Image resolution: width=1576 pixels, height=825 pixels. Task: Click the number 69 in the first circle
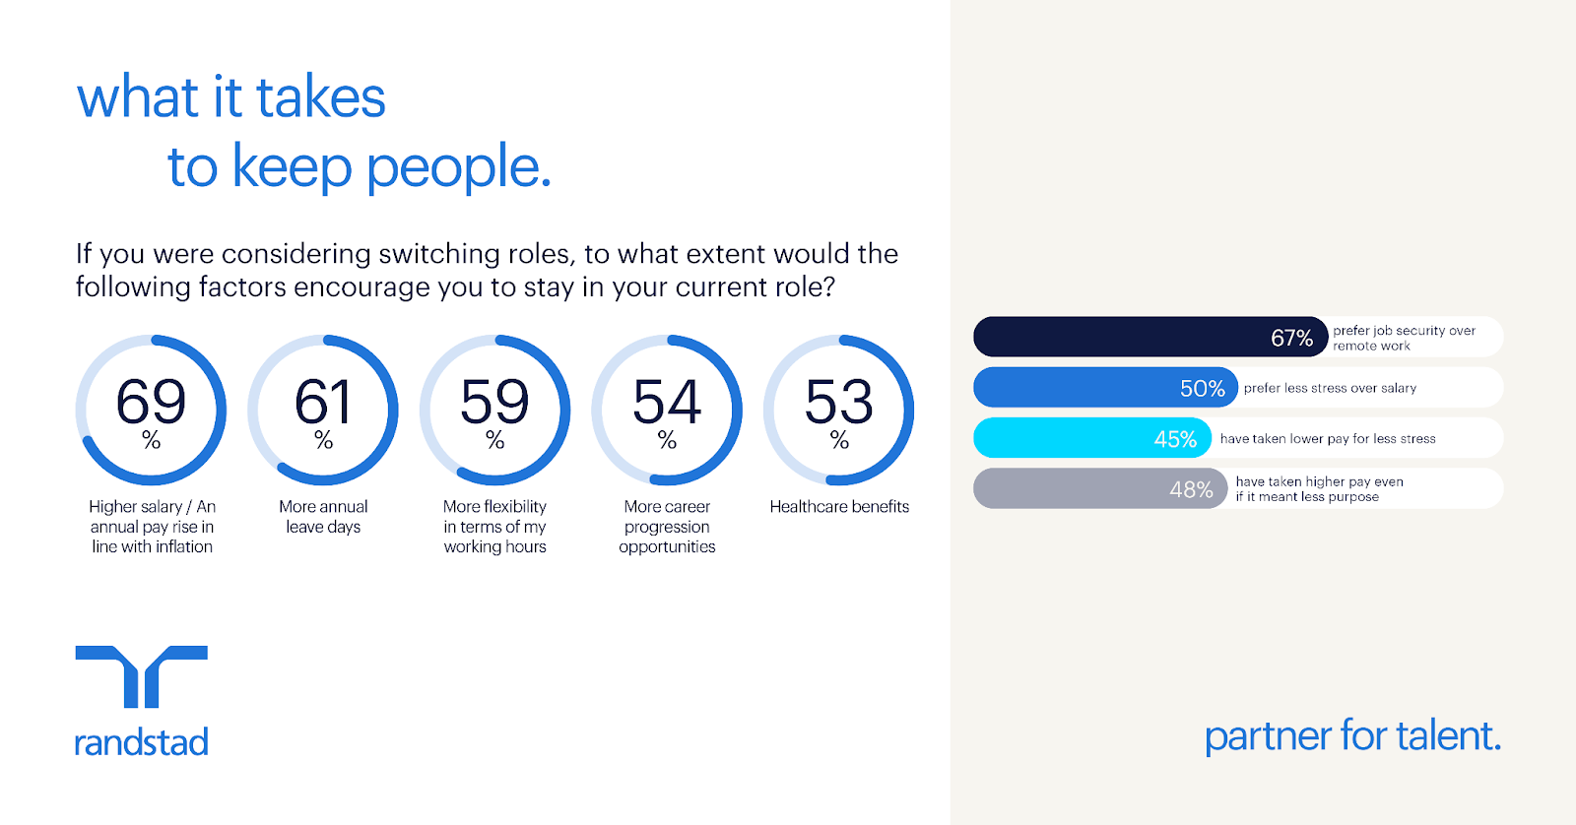(151, 401)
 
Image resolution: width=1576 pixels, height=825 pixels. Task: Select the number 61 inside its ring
(322, 401)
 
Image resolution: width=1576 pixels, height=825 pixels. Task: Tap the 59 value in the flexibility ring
(494, 401)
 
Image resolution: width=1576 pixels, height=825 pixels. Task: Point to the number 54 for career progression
(667, 401)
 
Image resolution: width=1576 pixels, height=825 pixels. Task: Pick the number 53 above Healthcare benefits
(838, 401)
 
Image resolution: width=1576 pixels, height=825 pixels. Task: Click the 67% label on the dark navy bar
(1291, 339)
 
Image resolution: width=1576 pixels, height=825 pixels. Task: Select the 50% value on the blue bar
(1203, 388)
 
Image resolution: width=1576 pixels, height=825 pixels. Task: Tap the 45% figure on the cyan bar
(1175, 440)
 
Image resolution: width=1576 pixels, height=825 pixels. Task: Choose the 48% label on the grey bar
(1191, 489)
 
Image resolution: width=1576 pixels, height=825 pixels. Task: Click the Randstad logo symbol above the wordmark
(142, 676)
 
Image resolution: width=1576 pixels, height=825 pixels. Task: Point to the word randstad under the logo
(142, 742)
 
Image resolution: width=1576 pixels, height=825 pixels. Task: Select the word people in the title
(458, 167)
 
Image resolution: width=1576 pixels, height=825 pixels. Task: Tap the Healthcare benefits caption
(839, 506)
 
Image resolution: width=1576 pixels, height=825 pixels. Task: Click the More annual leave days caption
(323, 516)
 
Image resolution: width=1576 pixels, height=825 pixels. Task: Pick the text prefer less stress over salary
(1330, 388)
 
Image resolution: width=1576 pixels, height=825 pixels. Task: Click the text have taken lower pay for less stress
(1328, 439)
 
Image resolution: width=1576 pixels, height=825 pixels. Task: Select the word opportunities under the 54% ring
(667, 547)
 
